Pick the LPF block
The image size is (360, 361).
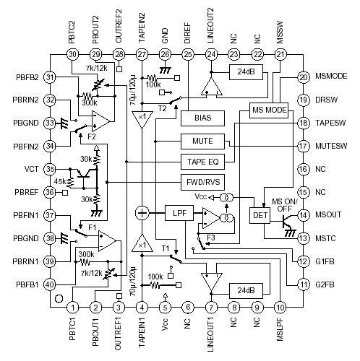[178, 213]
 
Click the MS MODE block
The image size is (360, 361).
[269, 110]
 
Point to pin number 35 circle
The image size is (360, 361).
[50, 169]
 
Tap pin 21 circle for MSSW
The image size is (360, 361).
[280, 55]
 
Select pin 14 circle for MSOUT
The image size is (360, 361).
[304, 214]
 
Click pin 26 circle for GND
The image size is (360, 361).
[165, 55]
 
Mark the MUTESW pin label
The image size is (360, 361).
[333, 146]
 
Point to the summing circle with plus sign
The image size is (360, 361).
[142, 213]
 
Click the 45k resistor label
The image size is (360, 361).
[59, 181]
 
